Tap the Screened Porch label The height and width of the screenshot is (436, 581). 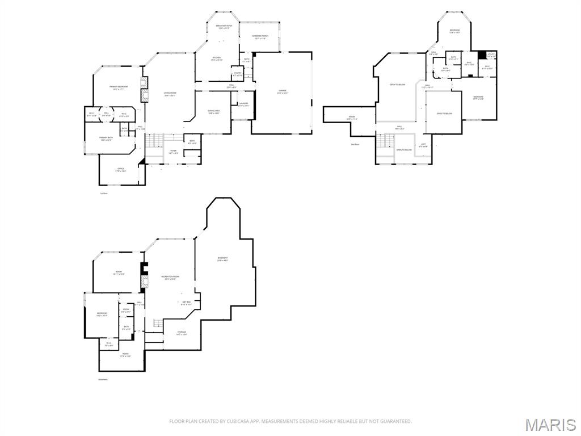tap(260, 37)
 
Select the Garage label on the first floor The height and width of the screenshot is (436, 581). tap(282, 92)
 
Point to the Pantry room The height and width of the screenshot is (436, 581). tap(237, 74)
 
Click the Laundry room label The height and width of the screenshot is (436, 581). tap(243, 104)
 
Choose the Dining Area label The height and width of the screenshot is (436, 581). tap(213, 112)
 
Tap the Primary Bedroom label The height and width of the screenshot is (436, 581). tap(118, 87)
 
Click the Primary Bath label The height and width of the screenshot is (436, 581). tap(106, 139)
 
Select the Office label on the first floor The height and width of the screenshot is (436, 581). tap(120, 169)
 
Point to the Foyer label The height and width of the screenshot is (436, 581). tap(173, 152)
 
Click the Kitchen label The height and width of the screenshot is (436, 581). tap(216, 58)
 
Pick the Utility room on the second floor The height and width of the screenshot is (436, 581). tap(491, 56)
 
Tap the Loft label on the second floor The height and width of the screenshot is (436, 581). tap(423, 145)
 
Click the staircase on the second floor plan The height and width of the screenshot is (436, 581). tap(386, 141)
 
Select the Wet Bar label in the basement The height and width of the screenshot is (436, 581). tap(186, 303)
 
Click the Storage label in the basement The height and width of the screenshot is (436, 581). tap(181, 333)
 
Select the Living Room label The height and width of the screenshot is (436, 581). tap(170, 94)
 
